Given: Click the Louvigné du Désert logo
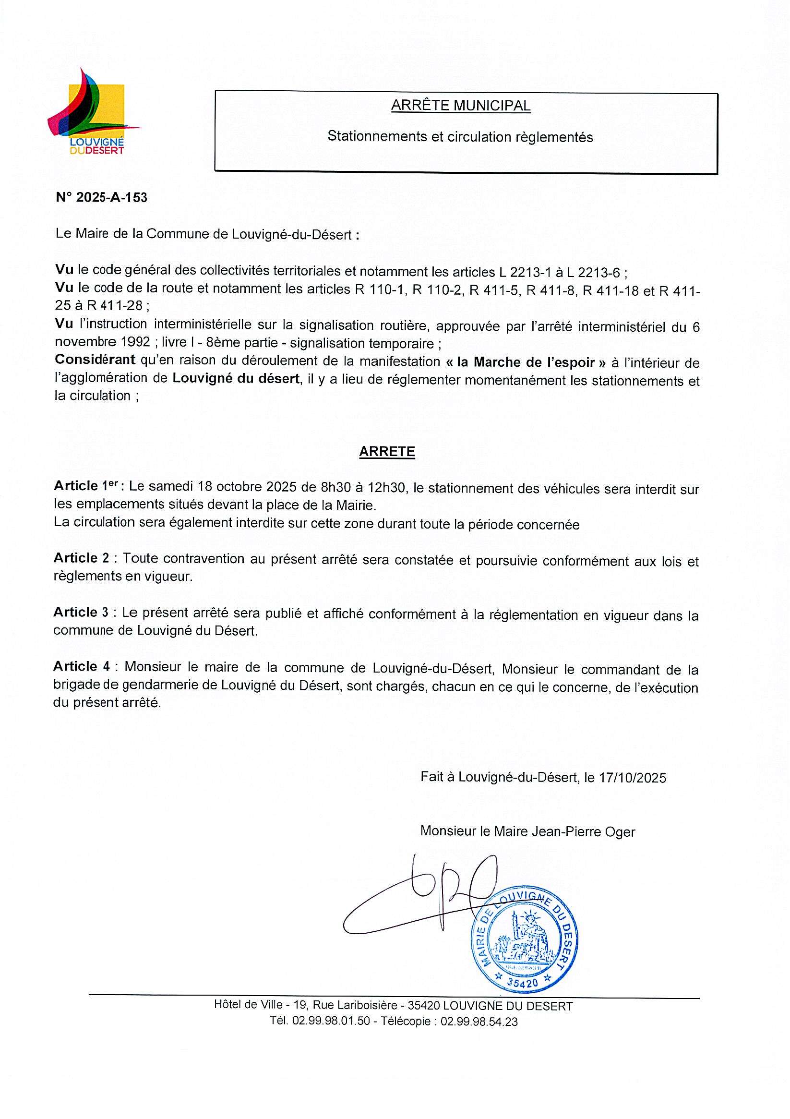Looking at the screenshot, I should pyautogui.click(x=93, y=112).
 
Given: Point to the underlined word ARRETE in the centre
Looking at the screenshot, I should pyautogui.click(x=387, y=451).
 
